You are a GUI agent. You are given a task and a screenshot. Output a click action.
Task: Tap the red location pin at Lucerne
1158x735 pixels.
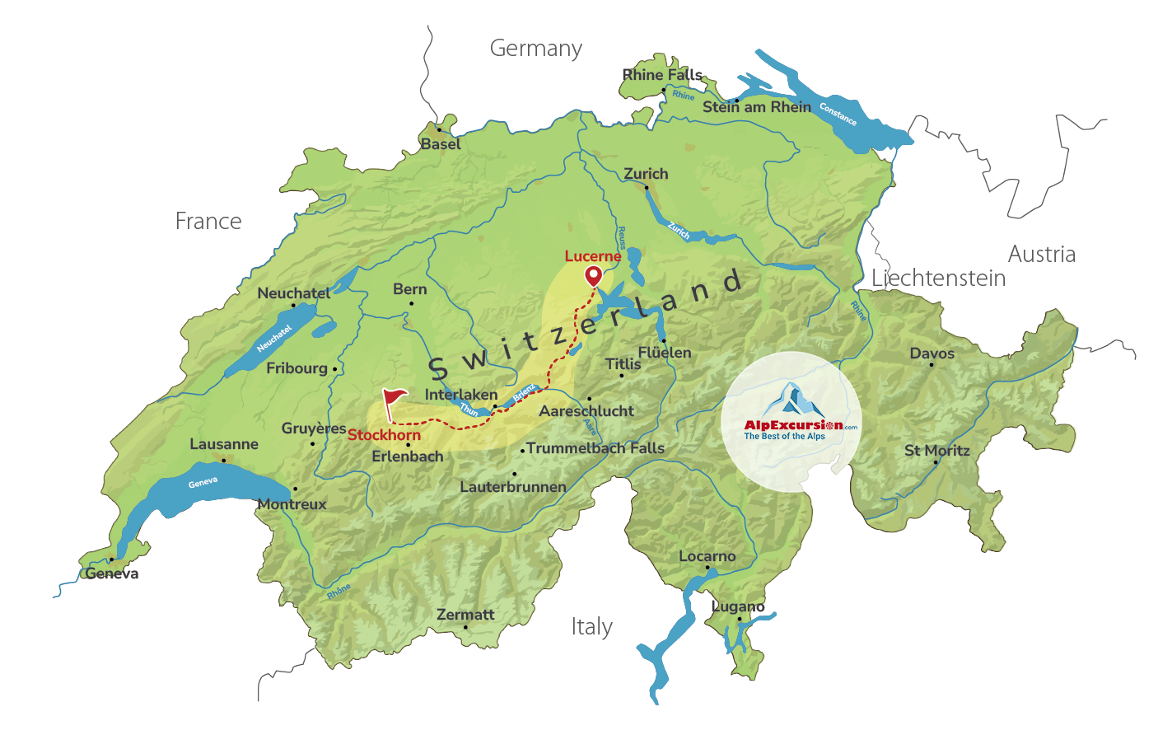(593, 275)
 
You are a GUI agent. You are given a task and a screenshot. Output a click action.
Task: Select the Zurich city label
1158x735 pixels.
(646, 174)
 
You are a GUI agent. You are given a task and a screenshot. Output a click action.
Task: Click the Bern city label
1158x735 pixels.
(409, 289)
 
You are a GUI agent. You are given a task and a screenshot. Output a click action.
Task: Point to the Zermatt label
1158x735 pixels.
(465, 615)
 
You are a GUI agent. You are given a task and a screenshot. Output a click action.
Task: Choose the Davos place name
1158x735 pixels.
(932, 353)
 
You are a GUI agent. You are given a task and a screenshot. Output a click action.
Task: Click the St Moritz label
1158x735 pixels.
(936, 451)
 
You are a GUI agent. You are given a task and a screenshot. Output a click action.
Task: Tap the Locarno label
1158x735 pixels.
(707, 556)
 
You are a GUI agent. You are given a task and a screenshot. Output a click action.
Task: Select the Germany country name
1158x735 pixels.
(535, 49)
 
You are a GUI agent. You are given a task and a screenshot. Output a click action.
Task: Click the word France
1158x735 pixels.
(208, 222)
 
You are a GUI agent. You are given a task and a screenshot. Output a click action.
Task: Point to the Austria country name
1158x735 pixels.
(1041, 255)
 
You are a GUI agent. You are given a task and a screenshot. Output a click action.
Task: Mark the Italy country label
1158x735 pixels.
(591, 627)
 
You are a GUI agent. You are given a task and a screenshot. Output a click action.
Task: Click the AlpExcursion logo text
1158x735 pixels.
(793, 425)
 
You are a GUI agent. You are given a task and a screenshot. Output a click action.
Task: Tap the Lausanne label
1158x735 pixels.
(223, 444)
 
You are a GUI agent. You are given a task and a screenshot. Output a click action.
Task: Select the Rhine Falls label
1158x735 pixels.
(661, 75)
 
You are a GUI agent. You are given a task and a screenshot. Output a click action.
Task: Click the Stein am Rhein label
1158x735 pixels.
(756, 107)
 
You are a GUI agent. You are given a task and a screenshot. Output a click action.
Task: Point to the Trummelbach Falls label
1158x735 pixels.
(595, 448)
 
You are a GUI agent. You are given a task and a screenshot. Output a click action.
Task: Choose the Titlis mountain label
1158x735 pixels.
(623, 363)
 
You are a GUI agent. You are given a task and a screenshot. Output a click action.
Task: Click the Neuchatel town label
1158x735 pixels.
(293, 293)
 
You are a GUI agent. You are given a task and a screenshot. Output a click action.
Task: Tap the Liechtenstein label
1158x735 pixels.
(938, 279)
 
